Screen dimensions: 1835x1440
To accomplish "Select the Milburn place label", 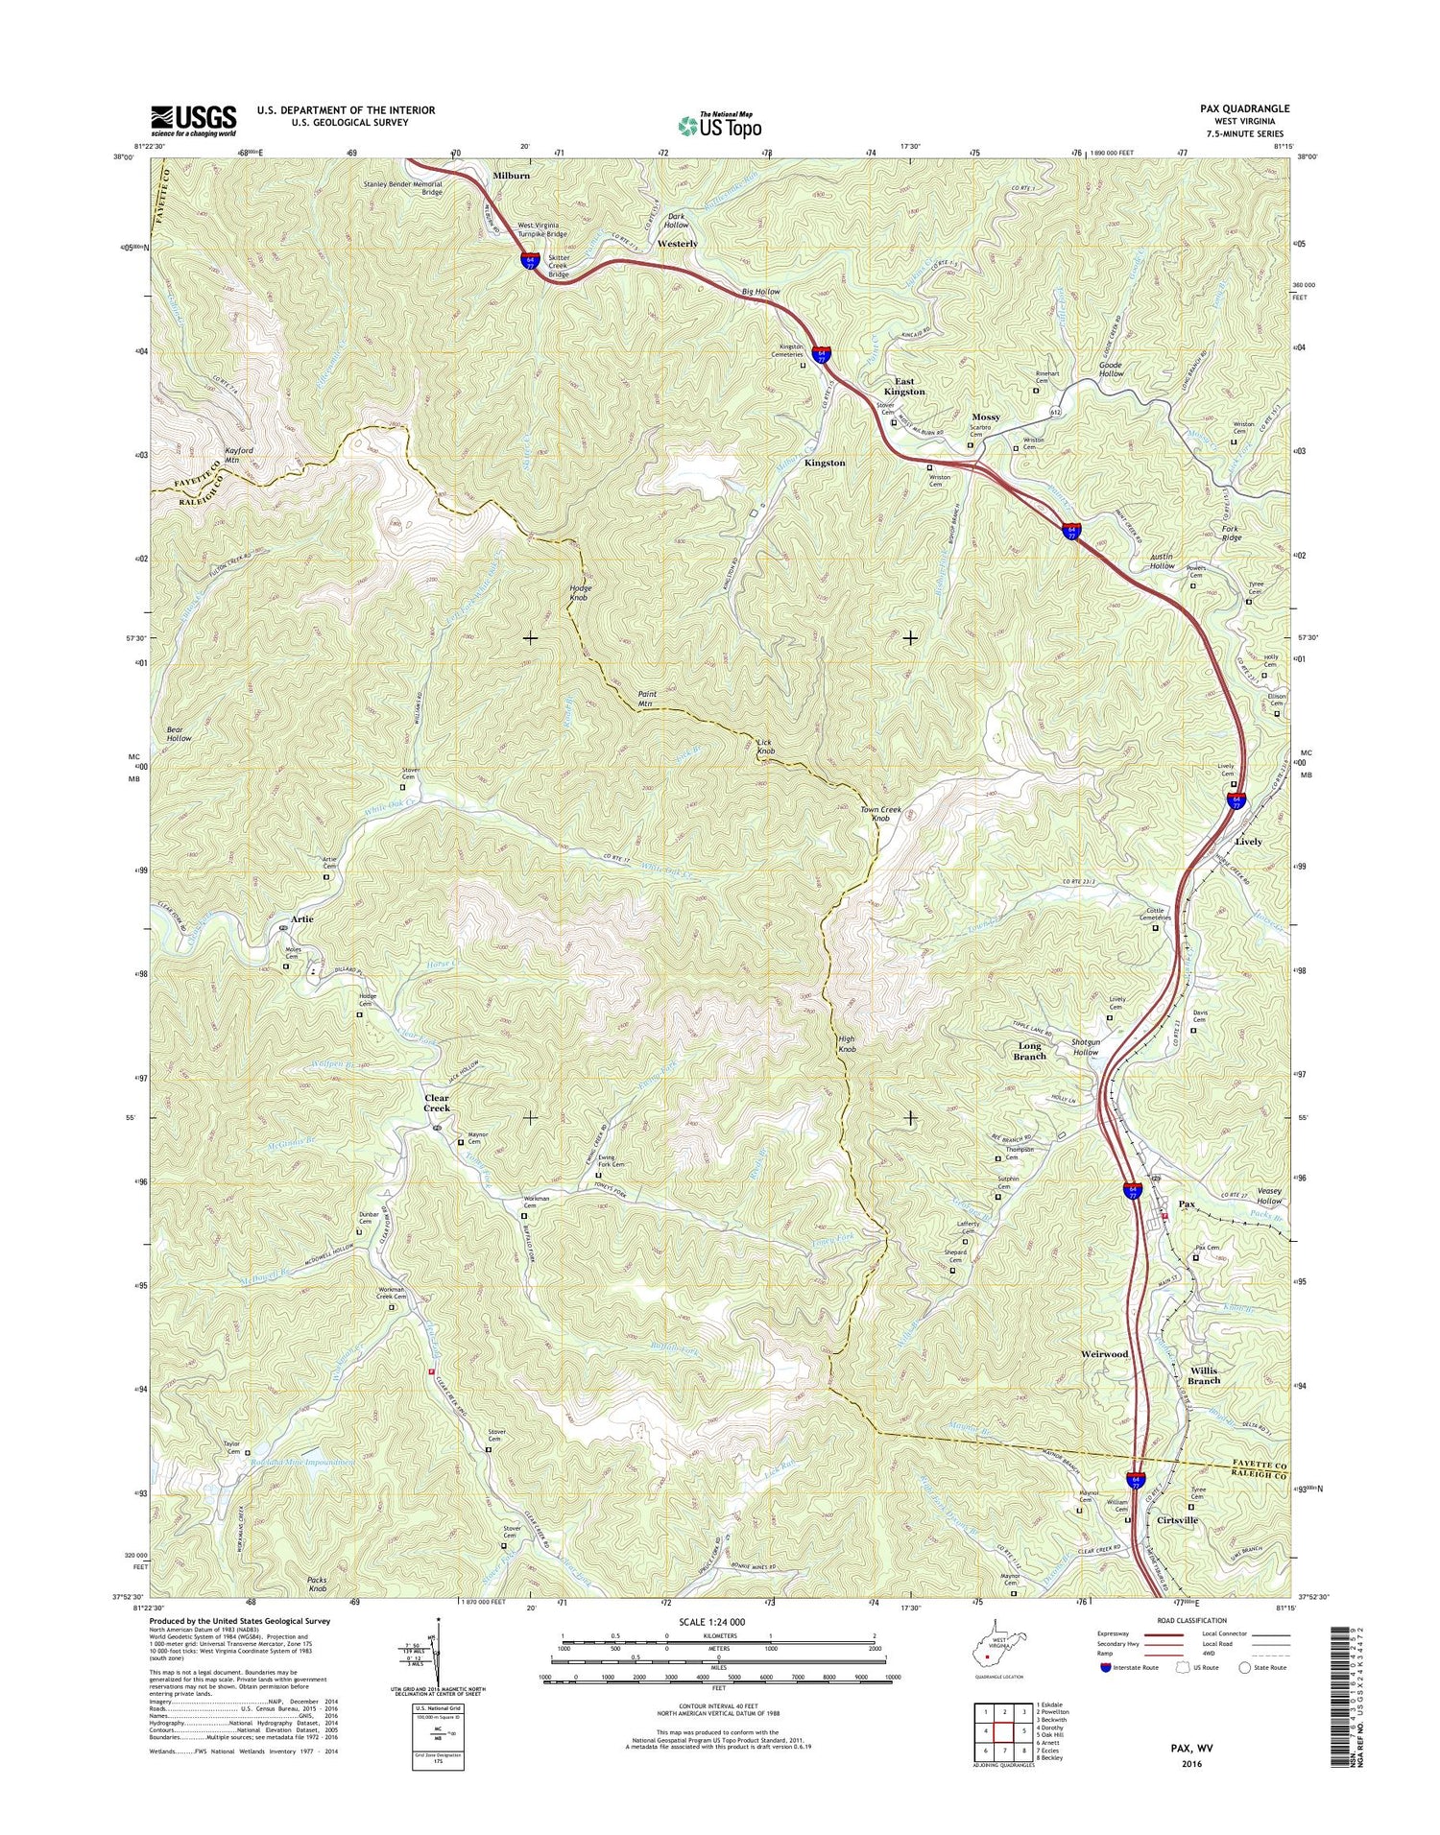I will [511, 177].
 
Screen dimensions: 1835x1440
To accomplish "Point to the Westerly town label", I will [677, 244].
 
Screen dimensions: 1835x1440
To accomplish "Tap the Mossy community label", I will [985, 417].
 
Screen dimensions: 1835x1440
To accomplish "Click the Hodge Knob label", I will [580, 592].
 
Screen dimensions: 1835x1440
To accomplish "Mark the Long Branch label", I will [1029, 1051].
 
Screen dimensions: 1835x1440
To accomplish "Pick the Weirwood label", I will [1104, 1353].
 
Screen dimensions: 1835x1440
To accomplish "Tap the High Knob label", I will [846, 1044].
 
